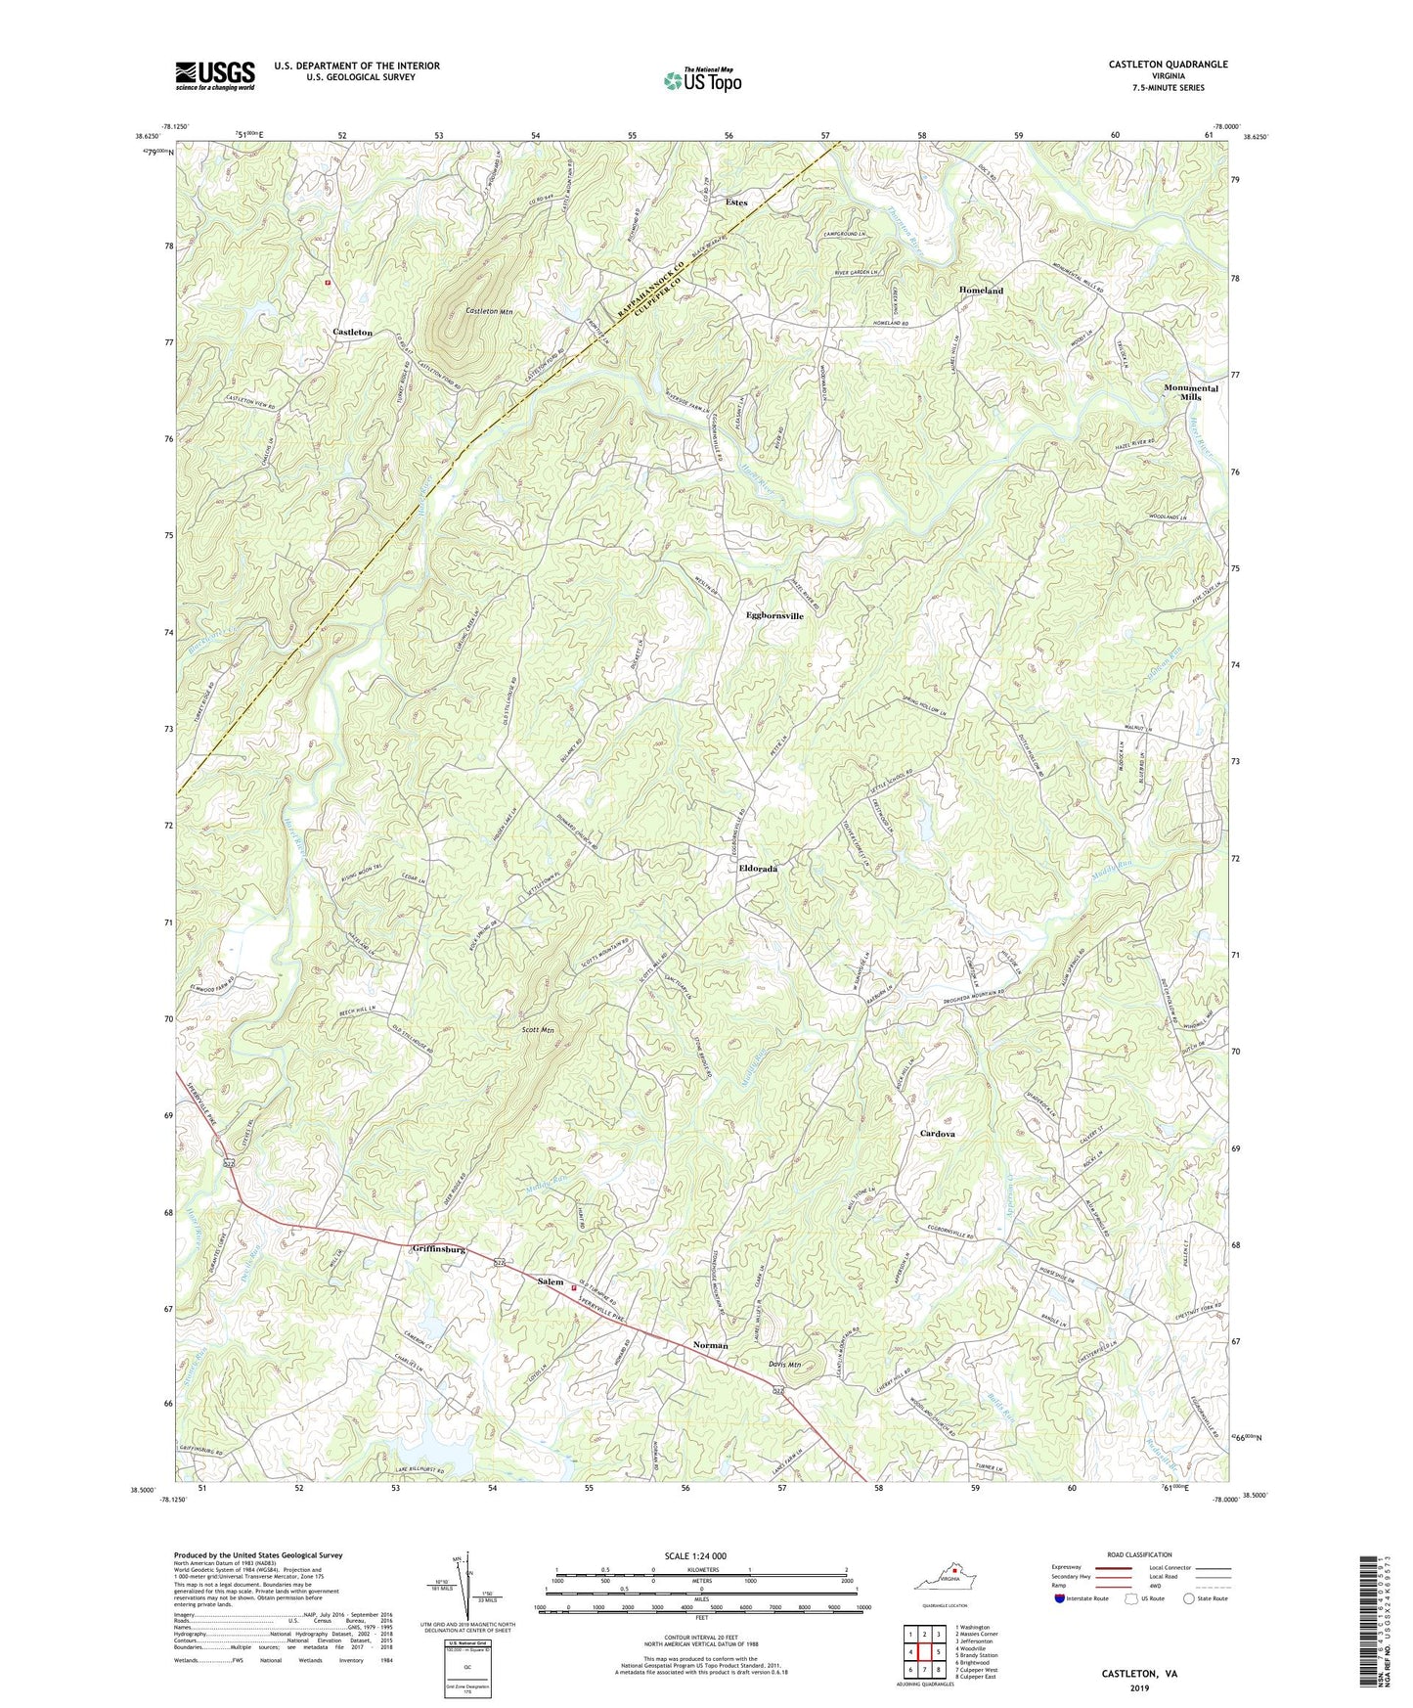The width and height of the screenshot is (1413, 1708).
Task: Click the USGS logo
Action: (214, 75)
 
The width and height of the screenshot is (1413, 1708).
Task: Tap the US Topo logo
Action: (701, 80)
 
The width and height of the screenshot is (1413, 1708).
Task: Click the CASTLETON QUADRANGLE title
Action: (1168, 65)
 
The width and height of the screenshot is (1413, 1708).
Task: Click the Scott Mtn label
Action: (537, 1029)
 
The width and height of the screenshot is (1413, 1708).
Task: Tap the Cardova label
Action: (937, 1134)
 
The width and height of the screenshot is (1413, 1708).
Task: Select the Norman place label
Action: (710, 1345)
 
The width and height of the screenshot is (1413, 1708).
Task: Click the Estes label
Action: (736, 202)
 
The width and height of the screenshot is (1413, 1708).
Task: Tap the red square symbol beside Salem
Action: (574, 1287)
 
